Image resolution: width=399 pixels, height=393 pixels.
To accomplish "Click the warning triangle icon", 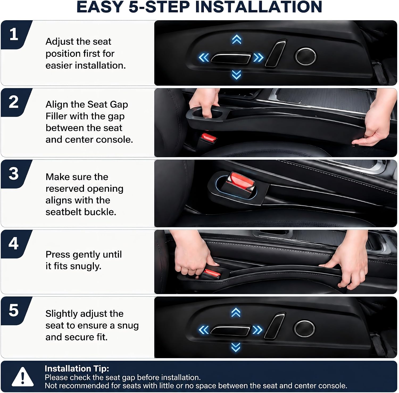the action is pos(23,377).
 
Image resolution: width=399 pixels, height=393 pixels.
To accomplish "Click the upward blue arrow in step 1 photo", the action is pos(236,40).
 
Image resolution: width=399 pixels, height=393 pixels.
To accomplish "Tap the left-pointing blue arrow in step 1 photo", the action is pos(204,58).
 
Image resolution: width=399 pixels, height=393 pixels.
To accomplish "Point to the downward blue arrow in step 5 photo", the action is pos(236,347).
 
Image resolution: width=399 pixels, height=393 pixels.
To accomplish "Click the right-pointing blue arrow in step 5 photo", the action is pos(257,330).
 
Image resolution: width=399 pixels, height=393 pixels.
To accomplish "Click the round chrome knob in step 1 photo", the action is pos(305,56).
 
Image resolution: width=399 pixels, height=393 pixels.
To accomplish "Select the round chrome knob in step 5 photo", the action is pos(304,328).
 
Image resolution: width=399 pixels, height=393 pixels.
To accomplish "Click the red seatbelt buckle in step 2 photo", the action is pos(209,138).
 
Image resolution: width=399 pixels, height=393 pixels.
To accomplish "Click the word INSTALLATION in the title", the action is pos(259,7).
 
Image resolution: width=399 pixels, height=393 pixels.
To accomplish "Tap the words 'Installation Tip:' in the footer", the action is pos(77,369).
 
